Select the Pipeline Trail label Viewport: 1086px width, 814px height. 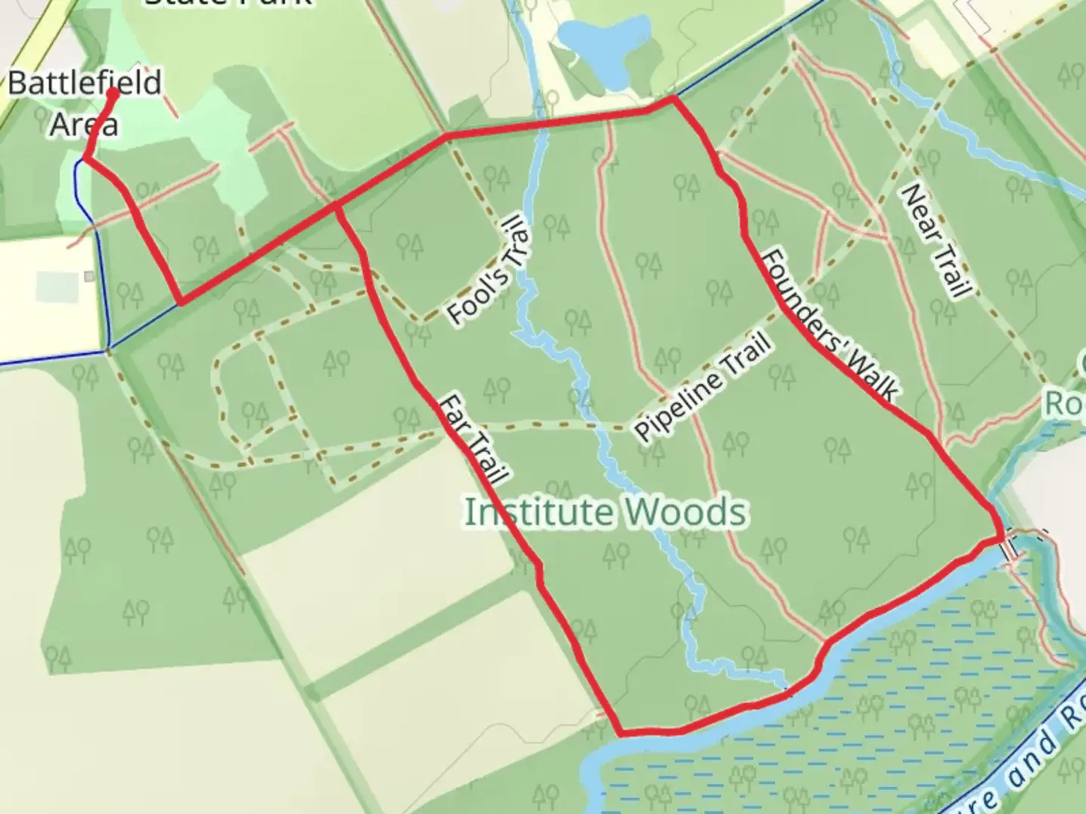coord(704,387)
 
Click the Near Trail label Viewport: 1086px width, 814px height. coord(935,240)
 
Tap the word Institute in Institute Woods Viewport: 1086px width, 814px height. coord(538,513)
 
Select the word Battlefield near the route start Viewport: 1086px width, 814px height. coord(84,82)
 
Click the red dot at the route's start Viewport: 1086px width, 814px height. coord(114,93)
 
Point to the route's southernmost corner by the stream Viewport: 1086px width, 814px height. coord(621,732)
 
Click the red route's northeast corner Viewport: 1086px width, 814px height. coord(673,98)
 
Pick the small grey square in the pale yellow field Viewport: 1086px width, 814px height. coord(89,277)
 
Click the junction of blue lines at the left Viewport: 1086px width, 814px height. coord(108,350)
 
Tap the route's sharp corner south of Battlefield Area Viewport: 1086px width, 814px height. coord(180,303)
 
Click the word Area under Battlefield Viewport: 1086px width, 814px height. coord(84,124)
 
